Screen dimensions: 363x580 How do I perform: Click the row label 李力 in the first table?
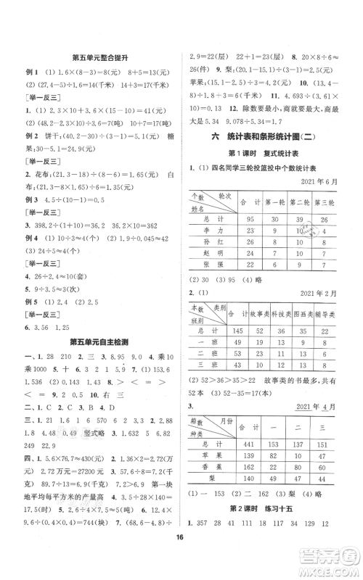pyautogui.click(x=208, y=210)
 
